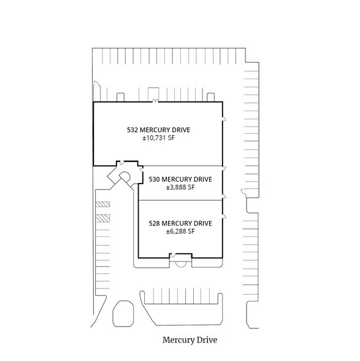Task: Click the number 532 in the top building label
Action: pos(132,130)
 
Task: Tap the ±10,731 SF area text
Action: pos(158,138)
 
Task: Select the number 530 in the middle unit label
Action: pos(154,179)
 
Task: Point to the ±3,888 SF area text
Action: pos(180,187)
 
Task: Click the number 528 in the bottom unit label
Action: pos(154,223)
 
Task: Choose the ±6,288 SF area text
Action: pos(180,231)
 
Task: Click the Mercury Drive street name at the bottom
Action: pos(190,340)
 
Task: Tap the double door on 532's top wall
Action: pos(156,101)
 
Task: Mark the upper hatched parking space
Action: pos(102,204)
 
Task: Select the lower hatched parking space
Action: pos(102,218)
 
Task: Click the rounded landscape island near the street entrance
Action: pos(123,314)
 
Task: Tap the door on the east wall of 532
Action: pos(224,118)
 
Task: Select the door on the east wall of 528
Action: pos(224,216)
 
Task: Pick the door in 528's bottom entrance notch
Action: pos(174,255)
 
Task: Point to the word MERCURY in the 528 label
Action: pos(177,223)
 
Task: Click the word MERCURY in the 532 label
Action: pos(155,130)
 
